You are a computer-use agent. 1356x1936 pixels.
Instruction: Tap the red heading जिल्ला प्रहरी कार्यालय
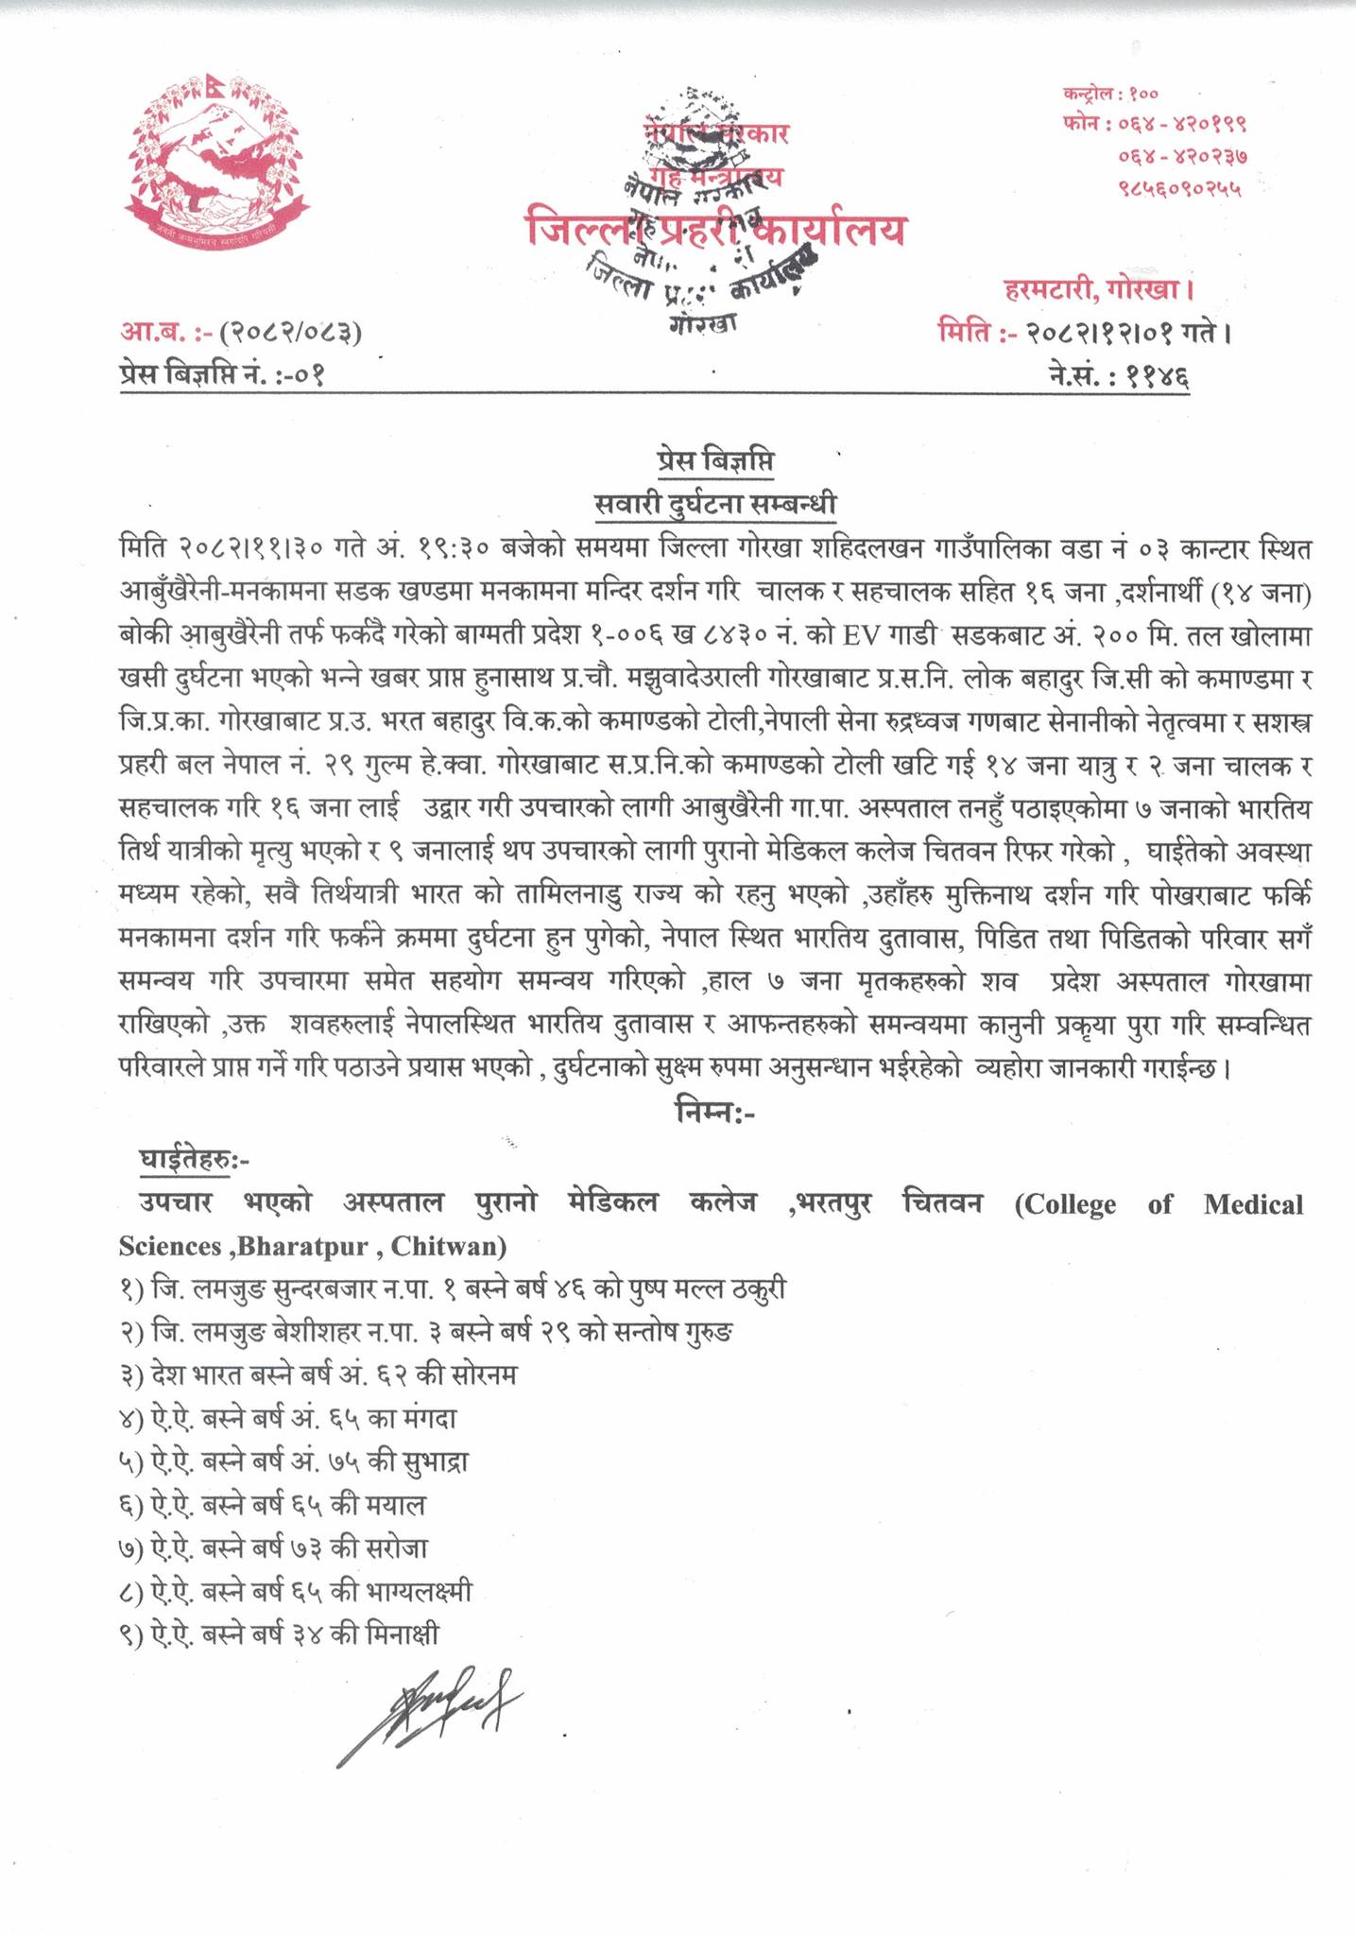pos(715,230)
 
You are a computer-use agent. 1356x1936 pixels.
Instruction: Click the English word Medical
pos(1253,1204)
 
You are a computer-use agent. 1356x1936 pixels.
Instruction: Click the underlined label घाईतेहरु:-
pos(194,1160)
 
